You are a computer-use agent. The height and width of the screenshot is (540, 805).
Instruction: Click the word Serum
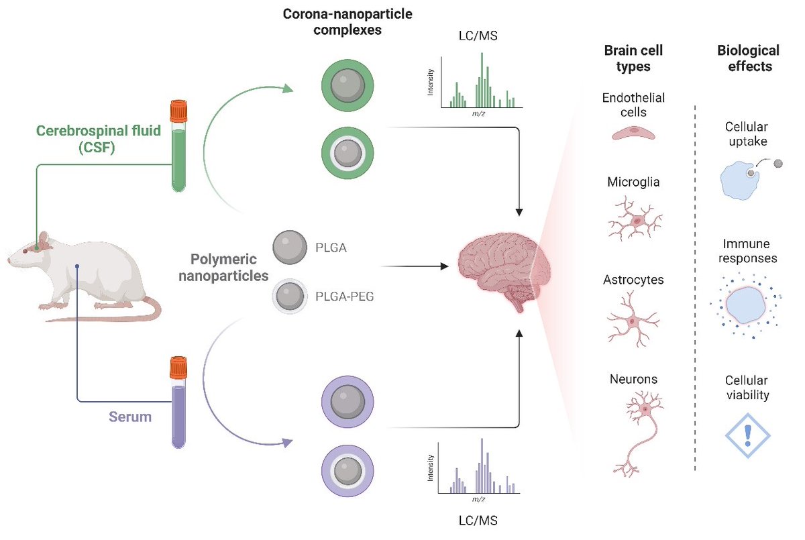coord(131,417)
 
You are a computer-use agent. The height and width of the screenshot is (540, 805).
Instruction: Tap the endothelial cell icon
coord(634,133)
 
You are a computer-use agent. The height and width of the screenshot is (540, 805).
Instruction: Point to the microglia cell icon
coord(634,219)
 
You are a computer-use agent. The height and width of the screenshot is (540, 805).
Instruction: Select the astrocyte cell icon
coord(633,320)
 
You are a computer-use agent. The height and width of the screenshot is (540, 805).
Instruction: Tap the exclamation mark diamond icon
coord(747,435)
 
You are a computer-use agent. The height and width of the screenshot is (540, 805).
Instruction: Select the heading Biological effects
coord(748,58)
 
